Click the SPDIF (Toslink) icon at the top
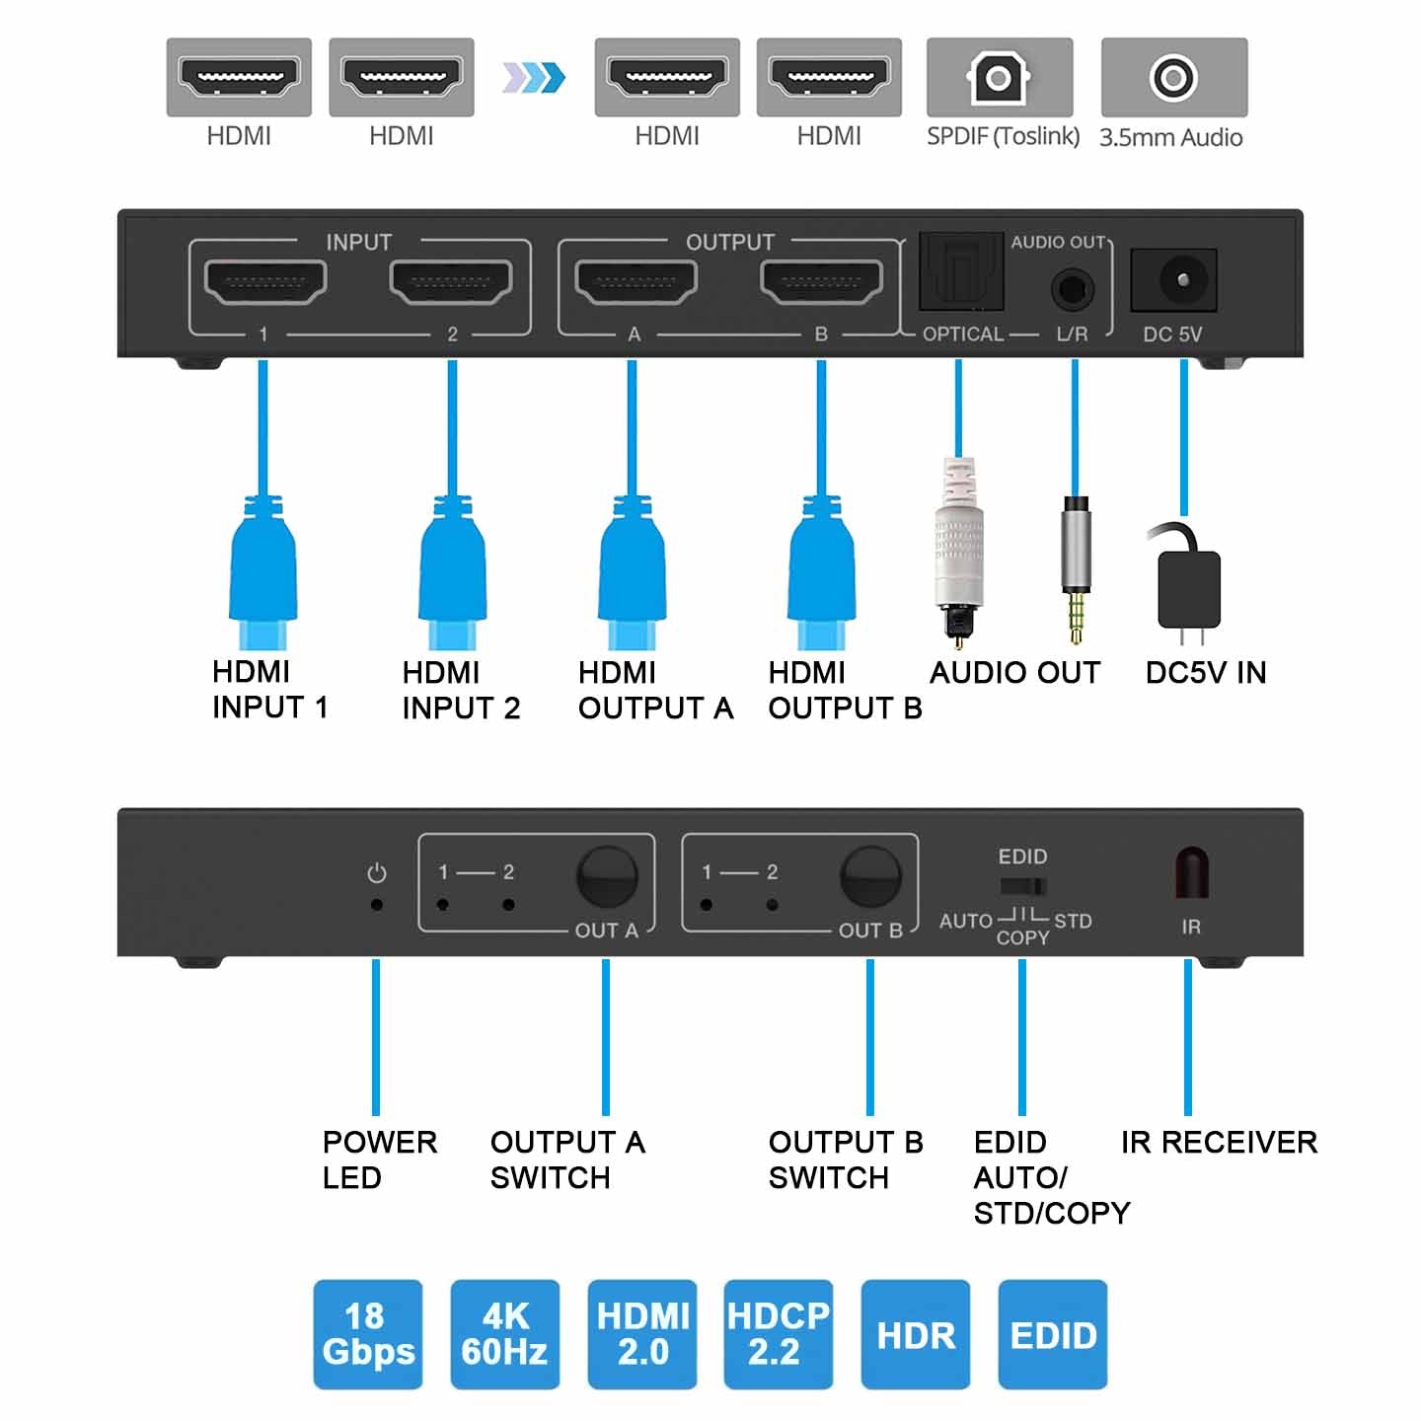pos(999,77)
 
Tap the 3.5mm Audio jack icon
pos(1173,77)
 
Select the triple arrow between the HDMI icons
pos(534,77)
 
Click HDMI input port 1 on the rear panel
pos(264,283)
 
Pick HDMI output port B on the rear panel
pos(821,283)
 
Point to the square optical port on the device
pos(960,273)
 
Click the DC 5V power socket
pos(1173,279)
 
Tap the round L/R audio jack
pos(1073,291)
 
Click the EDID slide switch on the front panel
pos(1022,885)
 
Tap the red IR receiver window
pos(1191,872)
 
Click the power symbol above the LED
pos(376,873)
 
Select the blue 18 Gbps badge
pos(368,1334)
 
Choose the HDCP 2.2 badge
pos(778,1334)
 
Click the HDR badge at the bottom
pos(916,1334)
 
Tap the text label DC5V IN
pos(1205,673)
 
